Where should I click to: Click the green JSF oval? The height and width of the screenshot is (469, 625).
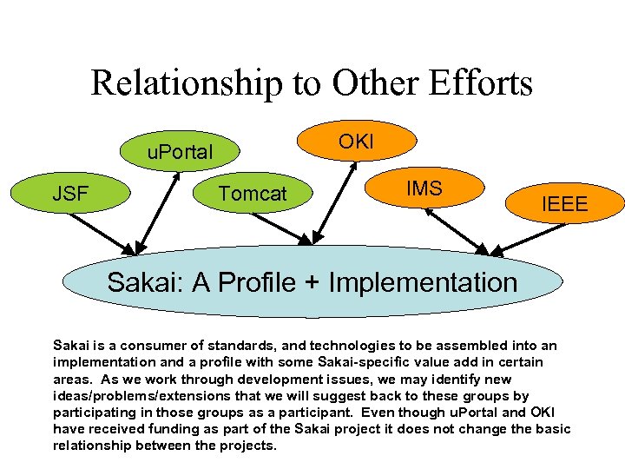[x=70, y=193]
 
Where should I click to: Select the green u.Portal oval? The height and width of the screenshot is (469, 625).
[x=179, y=151]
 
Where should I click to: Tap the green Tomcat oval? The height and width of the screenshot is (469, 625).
[x=252, y=193]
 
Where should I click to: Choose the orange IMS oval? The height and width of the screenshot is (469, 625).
[x=425, y=188]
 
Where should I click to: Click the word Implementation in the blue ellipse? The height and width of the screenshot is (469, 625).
[x=423, y=281]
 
